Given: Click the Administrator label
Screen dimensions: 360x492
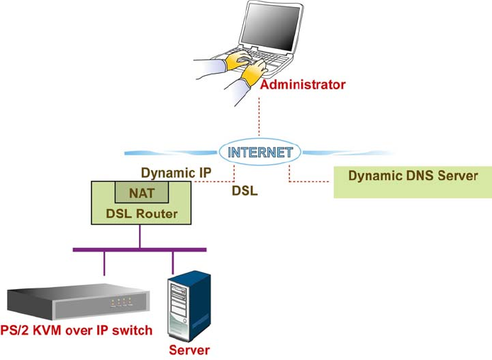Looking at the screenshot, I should pyautogui.click(x=303, y=85).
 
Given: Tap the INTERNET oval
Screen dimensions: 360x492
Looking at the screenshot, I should pyautogui.click(x=259, y=152).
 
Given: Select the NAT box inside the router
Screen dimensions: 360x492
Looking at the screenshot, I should pyautogui.click(x=142, y=193).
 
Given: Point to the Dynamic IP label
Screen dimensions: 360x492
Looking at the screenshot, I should pyautogui.click(x=176, y=173).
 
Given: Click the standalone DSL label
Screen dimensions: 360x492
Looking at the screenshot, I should pyautogui.click(x=245, y=191).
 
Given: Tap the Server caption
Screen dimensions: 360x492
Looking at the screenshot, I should pyautogui.click(x=189, y=350).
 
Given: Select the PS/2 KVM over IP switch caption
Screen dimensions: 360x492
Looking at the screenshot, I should pyautogui.click(x=76, y=330).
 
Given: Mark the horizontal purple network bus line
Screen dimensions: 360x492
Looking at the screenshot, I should pyautogui.click(x=139, y=249).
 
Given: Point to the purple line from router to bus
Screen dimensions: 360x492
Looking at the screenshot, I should pyautogui.click(x=139, y=237).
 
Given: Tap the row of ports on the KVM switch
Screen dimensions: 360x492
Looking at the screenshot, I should pyautogui.click(x=122, y=302).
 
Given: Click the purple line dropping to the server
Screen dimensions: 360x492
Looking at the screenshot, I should pyautogui.click(x=172, y=262).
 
